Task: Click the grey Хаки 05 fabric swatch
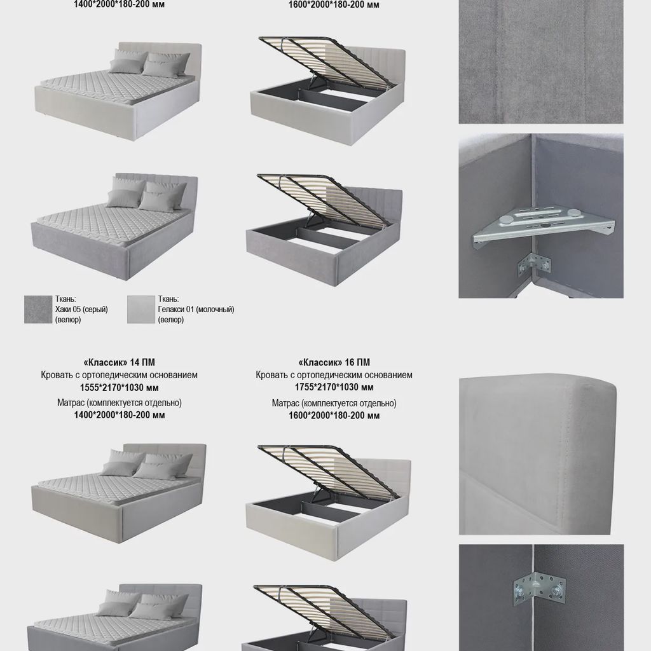(38, 310)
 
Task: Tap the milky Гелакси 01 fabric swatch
(140, 310)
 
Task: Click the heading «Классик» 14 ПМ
(119, 362)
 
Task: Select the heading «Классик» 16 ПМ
(334, 362)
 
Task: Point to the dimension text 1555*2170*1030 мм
(119, 388)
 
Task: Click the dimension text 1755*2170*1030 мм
(334, 387)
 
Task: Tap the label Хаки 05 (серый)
(81, 310)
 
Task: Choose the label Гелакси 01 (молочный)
(196, 310)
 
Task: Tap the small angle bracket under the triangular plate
(535, 263)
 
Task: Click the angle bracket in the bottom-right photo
(539, 588)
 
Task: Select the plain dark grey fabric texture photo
(540, 62)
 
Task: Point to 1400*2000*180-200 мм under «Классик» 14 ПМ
(119, 415)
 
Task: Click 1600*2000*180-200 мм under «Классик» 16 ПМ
(334, 416)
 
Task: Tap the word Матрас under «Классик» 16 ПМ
(285, 403)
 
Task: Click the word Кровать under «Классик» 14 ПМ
(57, 375)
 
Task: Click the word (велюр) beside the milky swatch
(170, 320)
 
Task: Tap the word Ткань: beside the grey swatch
(65, 299)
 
